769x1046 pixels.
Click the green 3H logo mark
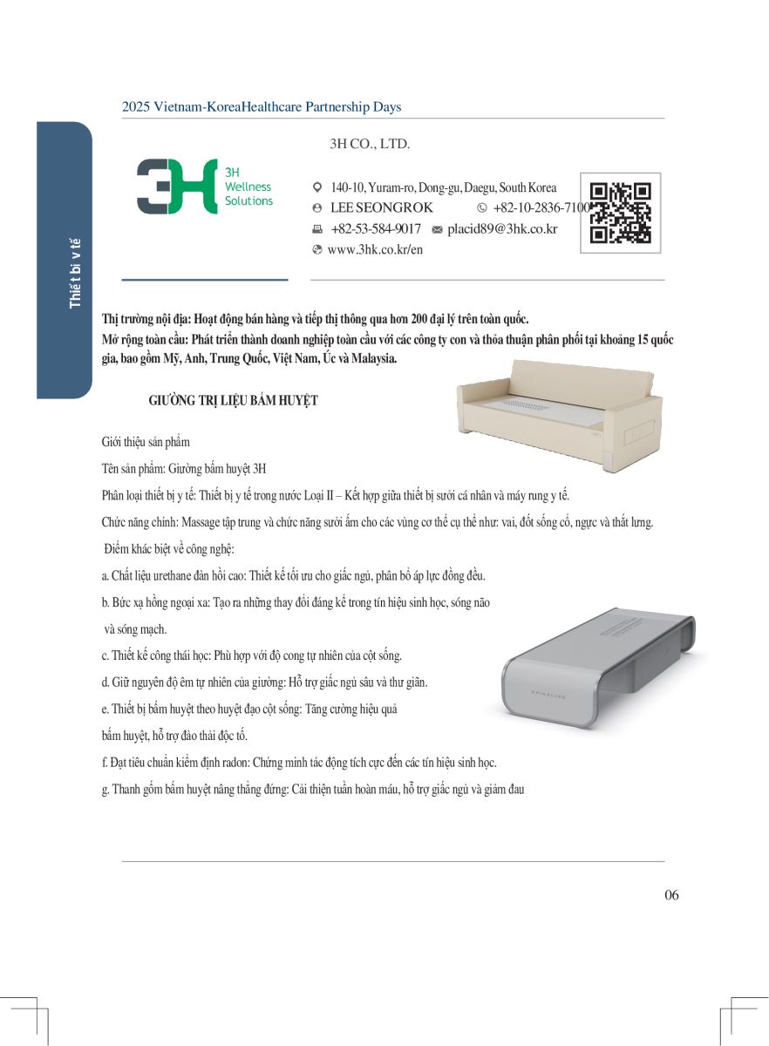(177, 187)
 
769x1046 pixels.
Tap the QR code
(620, 213)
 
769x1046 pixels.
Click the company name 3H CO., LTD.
(370, 145)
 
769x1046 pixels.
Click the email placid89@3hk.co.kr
(502, 229)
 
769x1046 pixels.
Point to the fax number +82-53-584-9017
(376, 229)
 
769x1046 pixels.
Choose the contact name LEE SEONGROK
(382, 208)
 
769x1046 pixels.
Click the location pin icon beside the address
(317, 187)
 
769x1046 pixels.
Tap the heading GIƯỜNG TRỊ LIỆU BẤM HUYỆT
(234, 401)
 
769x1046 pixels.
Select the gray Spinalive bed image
(598, 666)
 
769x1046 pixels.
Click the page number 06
(670, 895)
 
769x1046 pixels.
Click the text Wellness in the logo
(248, 187)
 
